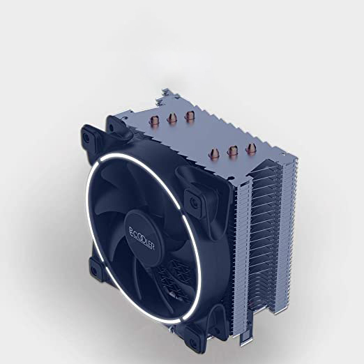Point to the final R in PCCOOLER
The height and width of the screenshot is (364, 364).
[x=152, y=247]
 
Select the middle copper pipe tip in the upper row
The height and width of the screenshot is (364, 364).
[x=172, y=119]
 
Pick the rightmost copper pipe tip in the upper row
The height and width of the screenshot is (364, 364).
[x=190, y=116]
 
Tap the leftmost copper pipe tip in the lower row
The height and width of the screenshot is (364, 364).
[x=214, y=155]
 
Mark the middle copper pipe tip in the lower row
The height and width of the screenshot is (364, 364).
[x=233, y=152]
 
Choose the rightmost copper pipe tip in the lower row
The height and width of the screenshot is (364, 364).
[x=251, y=149]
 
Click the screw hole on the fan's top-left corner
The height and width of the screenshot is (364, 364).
[x=86, y=137]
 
